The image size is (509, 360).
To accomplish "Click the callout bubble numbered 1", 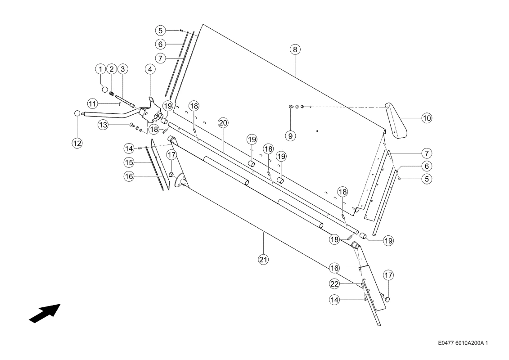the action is [x=101, y=69].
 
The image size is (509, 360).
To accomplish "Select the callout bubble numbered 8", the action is [x=295, y=49].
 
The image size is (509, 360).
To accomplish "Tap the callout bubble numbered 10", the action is [x=427, y=118].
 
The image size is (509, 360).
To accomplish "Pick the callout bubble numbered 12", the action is [x=77, y=143].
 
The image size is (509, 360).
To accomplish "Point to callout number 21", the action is [x=263, y=260].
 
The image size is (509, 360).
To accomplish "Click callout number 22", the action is [x=334, y=284].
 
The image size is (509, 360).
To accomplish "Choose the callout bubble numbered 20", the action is [x=223, y=123].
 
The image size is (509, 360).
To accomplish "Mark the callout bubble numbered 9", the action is [x=291, y=136].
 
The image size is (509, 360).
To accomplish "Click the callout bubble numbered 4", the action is [x=150, y=69].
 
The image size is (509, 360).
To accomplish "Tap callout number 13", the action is [x=103, y=125].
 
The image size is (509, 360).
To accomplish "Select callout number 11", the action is [x=93, y=104].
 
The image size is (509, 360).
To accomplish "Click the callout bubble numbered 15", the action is [x=129, y=162].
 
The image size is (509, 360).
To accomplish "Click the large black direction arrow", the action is [x=45, y=313].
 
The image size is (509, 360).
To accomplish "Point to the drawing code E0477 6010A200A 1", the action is [x=463, y=343].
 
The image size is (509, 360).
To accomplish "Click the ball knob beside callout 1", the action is [x=104, y=89].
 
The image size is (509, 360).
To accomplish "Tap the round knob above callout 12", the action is [x=77, y=113].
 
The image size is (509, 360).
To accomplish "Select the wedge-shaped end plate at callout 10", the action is [x=396, y=121].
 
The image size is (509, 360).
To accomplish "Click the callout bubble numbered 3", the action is [x=122, y=69].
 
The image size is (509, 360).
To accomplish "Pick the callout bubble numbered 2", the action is [x=111, y=69].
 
